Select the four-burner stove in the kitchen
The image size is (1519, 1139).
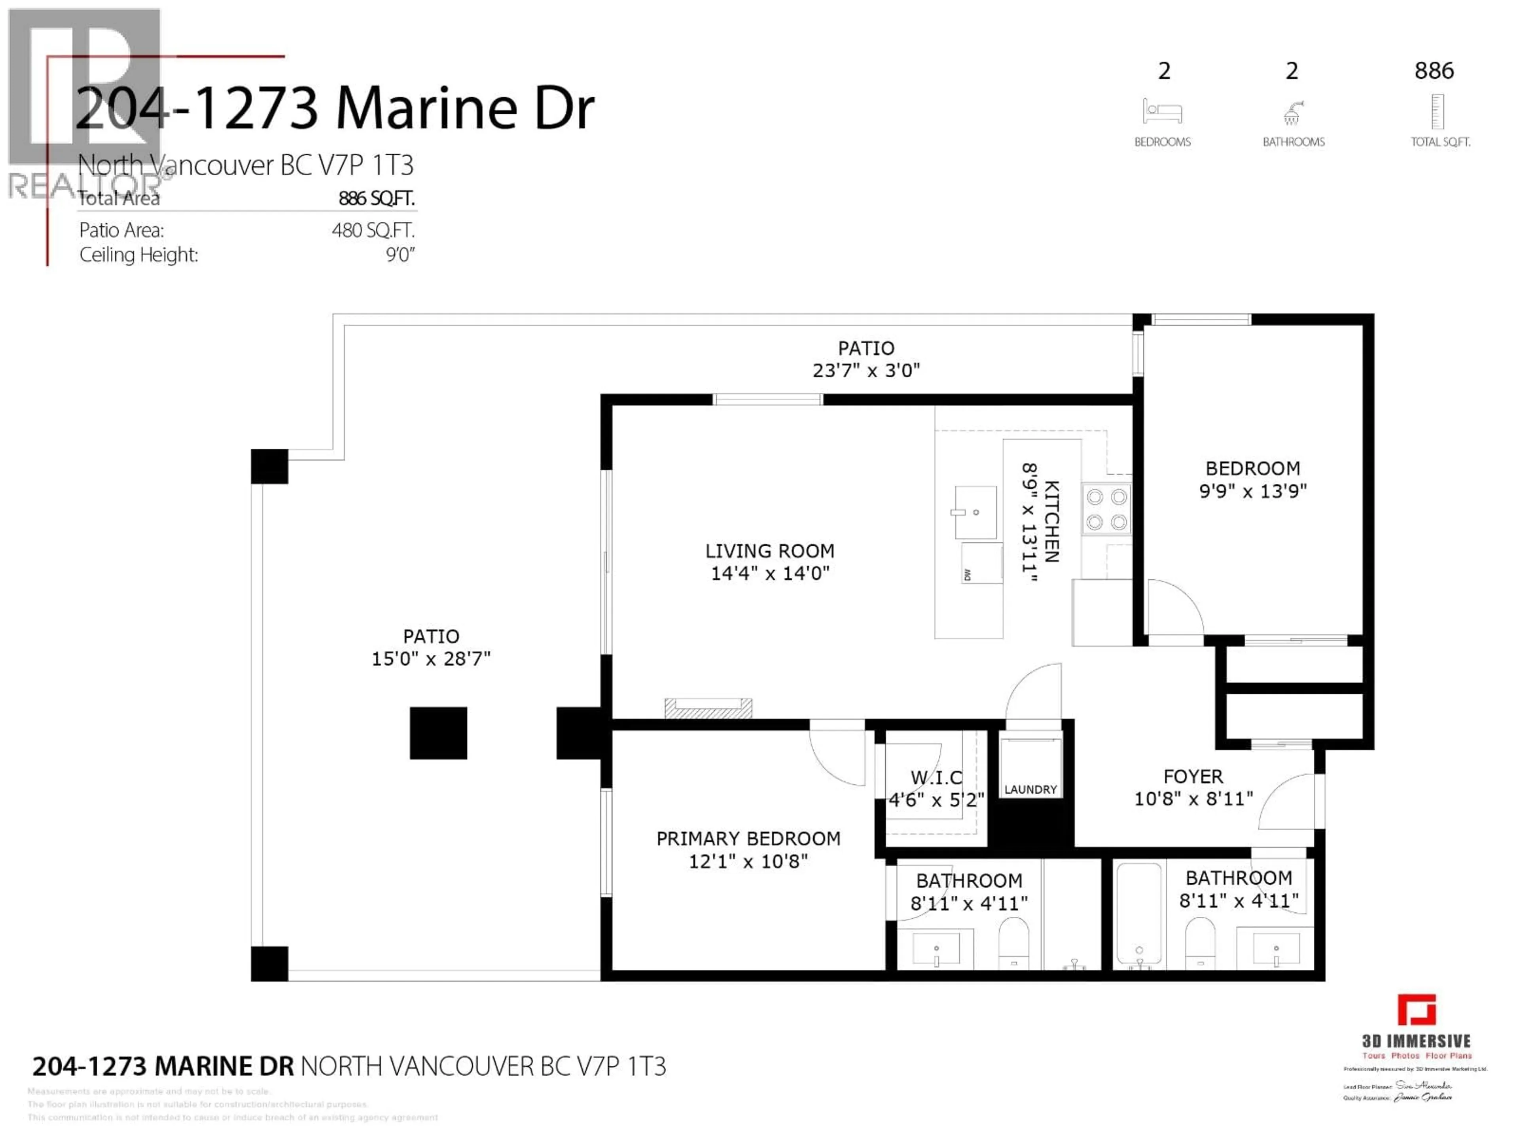(x=1106, y=509)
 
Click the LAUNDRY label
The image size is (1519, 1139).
(x=1030, y=789)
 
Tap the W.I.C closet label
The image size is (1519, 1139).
(x=937, y=778)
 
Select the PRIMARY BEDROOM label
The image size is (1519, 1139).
(x=748, y=838)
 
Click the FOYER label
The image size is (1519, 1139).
(x=1193, y=776)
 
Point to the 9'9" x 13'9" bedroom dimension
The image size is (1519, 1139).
(x=1252, y=491)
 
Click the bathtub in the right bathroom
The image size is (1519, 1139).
(x=1138, y=913)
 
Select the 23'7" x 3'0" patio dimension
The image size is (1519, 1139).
(x=866, y=371)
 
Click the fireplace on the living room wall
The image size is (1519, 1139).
(x=708, y=708)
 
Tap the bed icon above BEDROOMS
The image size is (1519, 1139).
(x=1162, y=111)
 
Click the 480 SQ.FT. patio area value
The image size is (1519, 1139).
(x=373, y=230)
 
